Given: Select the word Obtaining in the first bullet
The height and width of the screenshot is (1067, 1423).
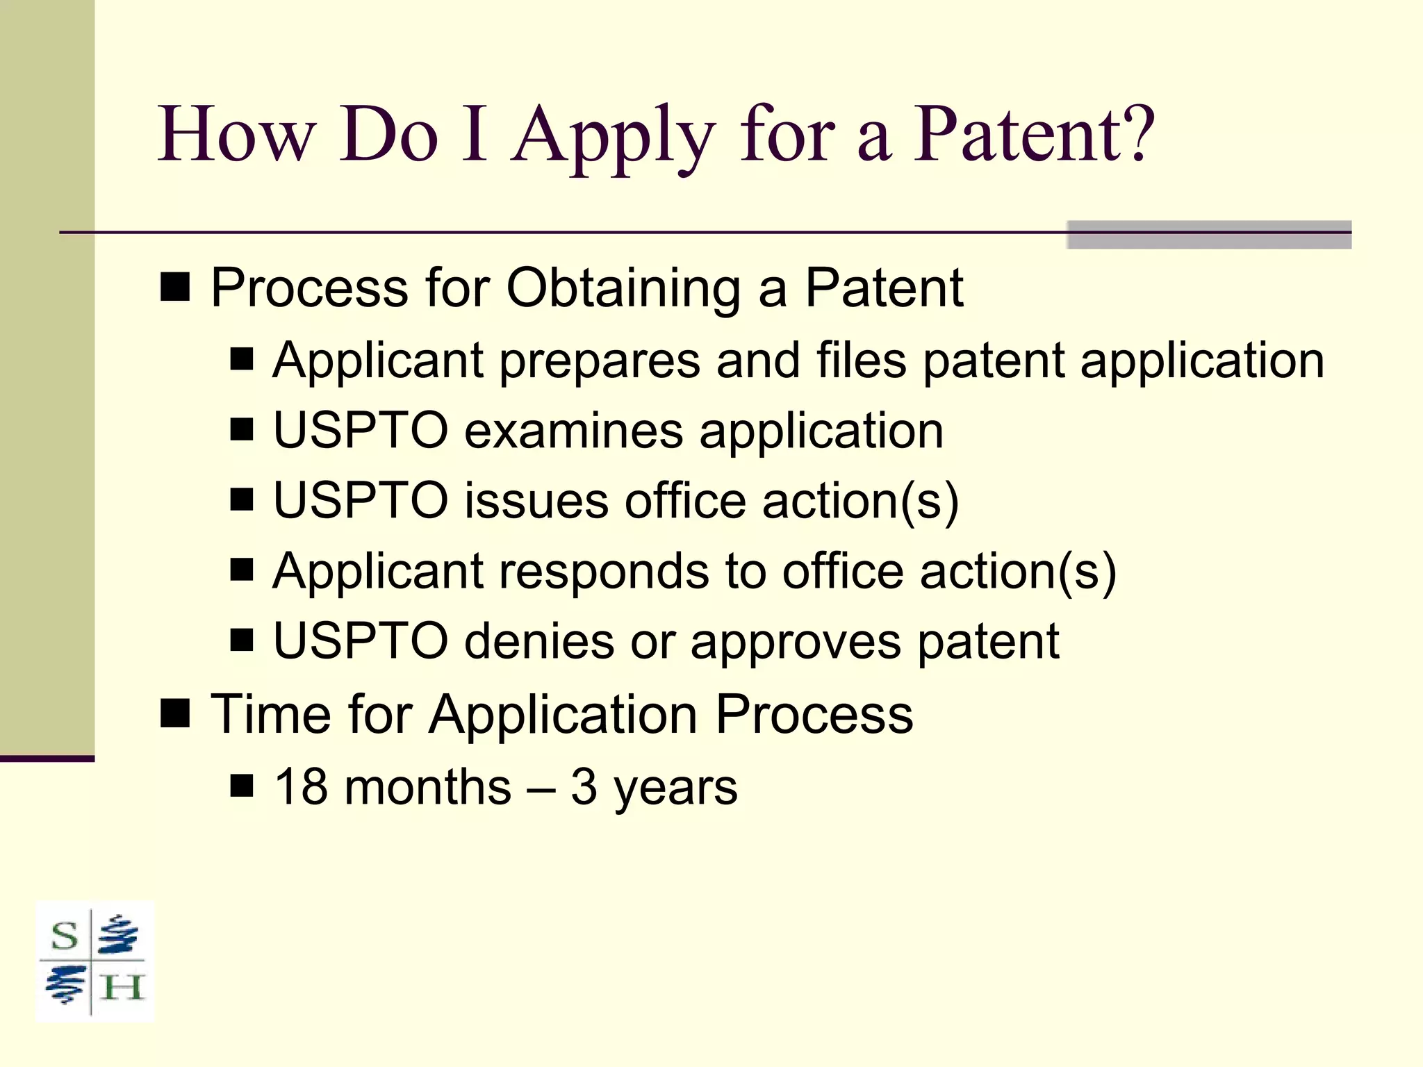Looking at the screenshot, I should pos(623,289).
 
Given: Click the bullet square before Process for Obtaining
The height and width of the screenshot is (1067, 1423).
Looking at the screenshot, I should pos(175,286).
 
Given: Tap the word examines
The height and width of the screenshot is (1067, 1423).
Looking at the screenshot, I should pos(573,431).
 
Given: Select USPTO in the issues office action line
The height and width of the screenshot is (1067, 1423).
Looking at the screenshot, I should pos(360,500).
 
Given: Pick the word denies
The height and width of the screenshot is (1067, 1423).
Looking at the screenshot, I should pos(539,640).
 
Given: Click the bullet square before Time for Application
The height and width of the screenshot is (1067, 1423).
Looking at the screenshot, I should pos(175,713).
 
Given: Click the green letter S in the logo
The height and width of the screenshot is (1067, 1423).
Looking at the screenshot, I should pos(65,937).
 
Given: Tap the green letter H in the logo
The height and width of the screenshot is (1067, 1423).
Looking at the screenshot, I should pos(122,987).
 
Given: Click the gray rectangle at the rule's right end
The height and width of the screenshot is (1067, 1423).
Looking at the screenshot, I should pos(1208,235).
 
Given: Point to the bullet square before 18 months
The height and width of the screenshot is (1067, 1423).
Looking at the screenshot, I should pos(242,786).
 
